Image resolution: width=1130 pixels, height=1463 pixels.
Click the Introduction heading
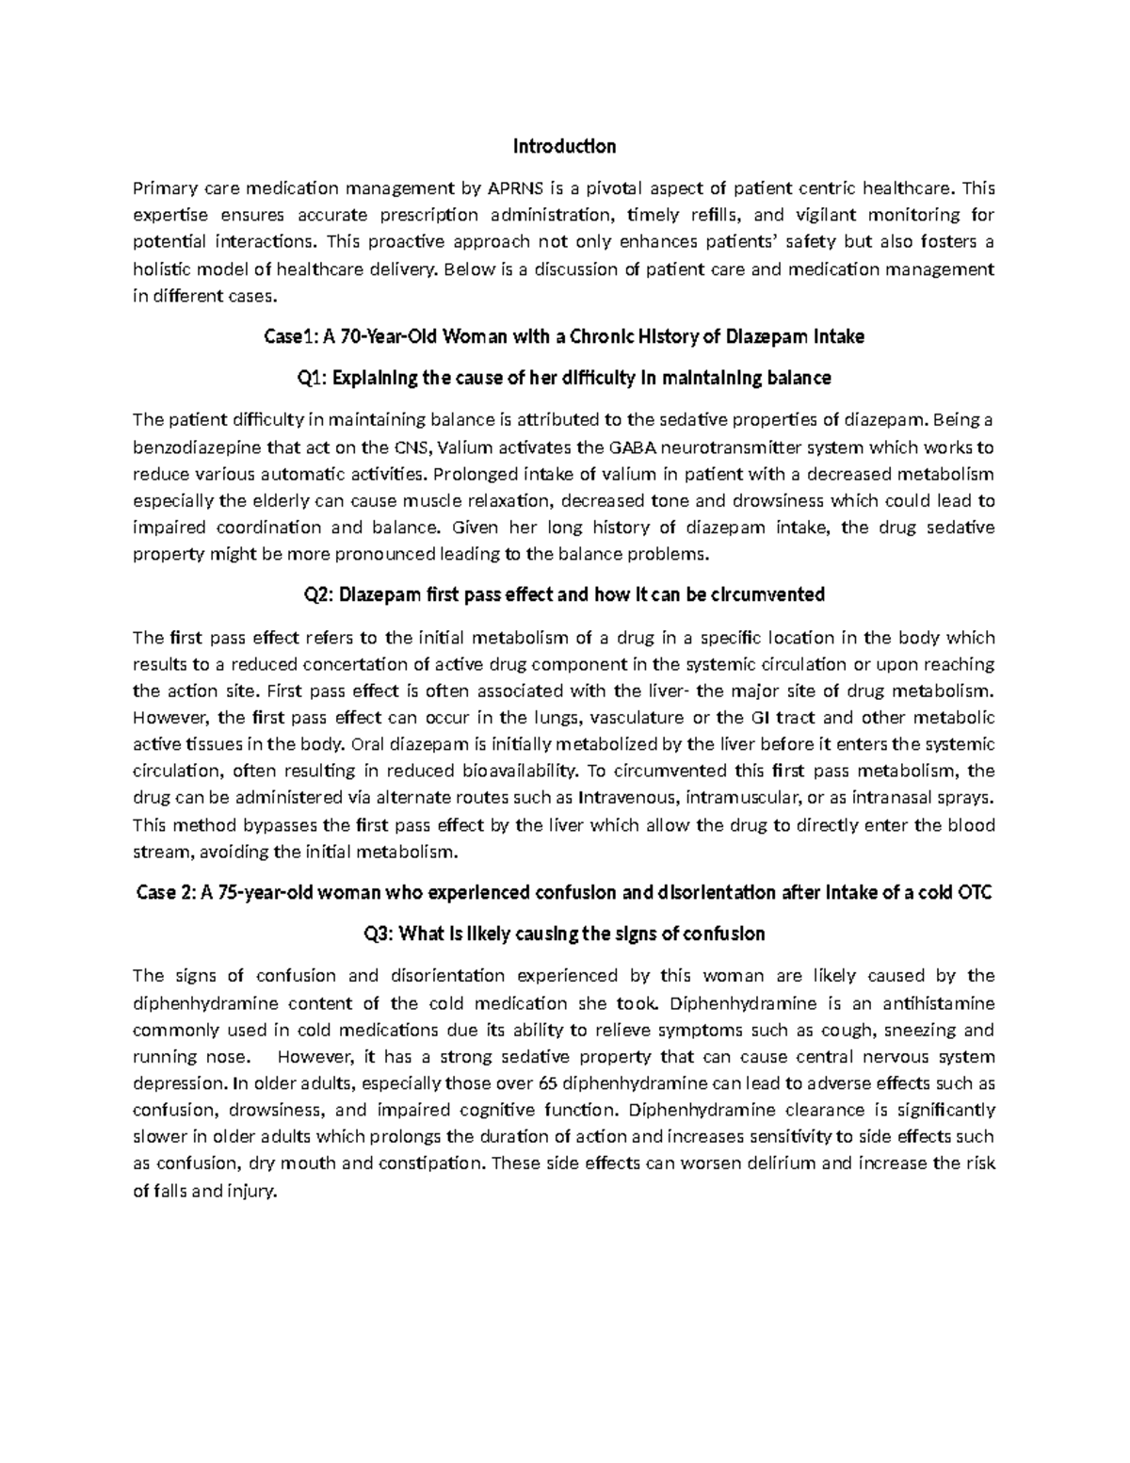pyautogui.click(x=564, y=146)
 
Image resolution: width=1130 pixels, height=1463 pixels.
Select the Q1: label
pyautogui.click(x=311, y=379)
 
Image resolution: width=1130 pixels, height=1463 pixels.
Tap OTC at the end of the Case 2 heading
pyautogui.click(x=974, y=893)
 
